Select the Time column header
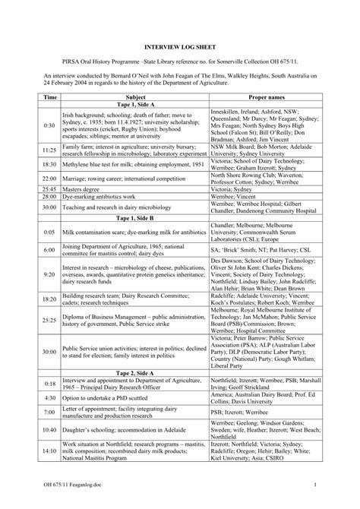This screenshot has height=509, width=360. [50, 97]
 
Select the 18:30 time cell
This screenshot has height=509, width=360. [50, 163]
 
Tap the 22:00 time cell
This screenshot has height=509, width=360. [50, 177]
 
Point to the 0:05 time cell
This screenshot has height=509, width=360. [50, 232]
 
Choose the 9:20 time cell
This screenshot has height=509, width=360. [50, 273]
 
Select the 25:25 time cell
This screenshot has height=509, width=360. [50, 321]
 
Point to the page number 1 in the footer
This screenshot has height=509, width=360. [313, 483]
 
